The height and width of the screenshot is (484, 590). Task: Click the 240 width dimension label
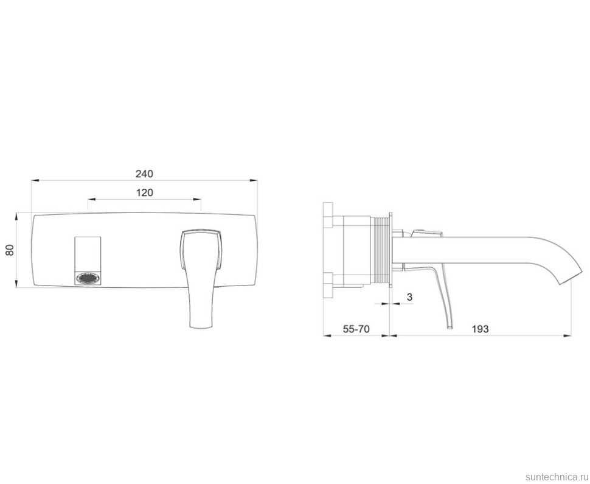(x=145, y=174)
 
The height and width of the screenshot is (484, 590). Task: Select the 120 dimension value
(x=145, y=193)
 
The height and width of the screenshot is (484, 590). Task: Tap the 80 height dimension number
(x=10, y=250)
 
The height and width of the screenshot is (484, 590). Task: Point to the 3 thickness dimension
(x=410, y=297)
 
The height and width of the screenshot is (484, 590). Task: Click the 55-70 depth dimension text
(x=356, y=329)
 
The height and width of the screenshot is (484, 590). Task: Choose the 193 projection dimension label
(x=480, y=329)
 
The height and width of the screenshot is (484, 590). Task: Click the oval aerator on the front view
(x=88, y=278)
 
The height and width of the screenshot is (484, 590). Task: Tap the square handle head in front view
(x=201, y=249)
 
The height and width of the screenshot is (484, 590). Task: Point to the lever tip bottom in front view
(x=203, y=328)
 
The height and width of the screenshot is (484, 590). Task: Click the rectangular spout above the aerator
(x=88, y=254)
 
